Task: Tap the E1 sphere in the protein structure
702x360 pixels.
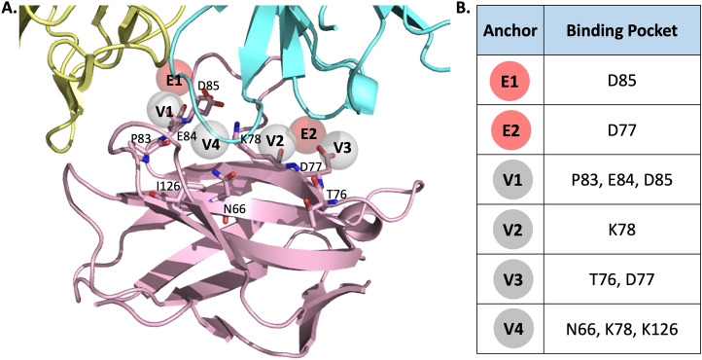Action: (175, 81)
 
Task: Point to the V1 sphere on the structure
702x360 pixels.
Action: (164, 111)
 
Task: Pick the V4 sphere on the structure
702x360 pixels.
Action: (206, 145)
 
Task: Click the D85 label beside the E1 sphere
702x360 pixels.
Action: (208, 86)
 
